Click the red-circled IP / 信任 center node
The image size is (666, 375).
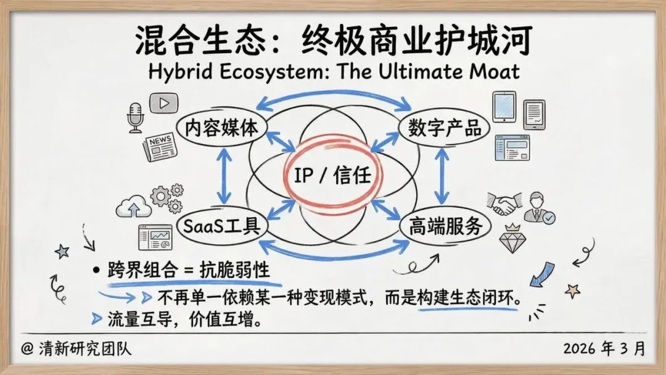(332, 176)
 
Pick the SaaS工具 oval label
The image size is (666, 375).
(221, 226)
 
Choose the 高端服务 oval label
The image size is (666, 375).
(445, 226)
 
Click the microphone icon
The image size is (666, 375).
(135, 117)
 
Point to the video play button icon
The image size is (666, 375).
(163, 104)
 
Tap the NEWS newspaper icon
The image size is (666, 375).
(158, 146)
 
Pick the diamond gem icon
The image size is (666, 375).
(511, 237)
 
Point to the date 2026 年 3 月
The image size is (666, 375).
(604, 348)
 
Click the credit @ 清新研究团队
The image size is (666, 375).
(76, 349)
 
